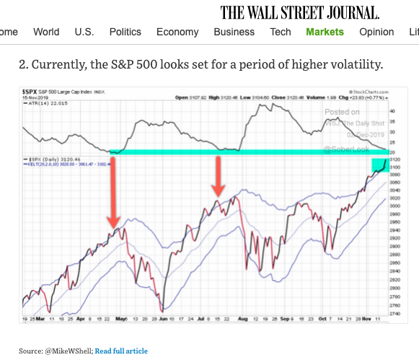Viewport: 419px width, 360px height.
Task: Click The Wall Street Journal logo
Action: (x=300, y=12)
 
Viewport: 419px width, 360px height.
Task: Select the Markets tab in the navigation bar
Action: (x=325, y=32)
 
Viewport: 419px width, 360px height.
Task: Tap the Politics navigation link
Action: (x=125, y=32)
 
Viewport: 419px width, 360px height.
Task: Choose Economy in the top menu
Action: (x=177, y=32)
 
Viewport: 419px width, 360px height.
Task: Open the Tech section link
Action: (x=281, y=32)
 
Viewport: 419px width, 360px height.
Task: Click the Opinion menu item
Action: (x=376, y=32)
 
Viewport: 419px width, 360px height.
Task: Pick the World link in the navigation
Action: (x=46, y=32)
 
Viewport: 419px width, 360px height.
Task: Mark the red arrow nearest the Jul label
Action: (x=217, y=176)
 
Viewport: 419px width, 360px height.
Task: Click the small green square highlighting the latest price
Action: (x=380, y=165)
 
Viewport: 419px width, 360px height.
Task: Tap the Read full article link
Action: (x=121, y=351)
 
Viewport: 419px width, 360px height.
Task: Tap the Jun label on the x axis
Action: (x=166, y=317)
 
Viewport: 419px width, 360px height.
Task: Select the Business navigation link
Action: (x=234, y=32)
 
